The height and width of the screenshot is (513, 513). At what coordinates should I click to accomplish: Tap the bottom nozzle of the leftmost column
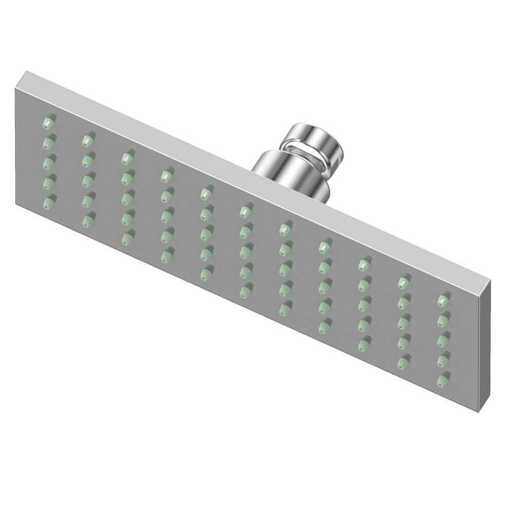49,201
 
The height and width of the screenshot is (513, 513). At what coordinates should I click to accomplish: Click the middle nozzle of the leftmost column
49,162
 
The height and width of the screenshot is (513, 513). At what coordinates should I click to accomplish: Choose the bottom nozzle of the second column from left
88,218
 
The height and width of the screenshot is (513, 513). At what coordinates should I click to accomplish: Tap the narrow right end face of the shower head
485,344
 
